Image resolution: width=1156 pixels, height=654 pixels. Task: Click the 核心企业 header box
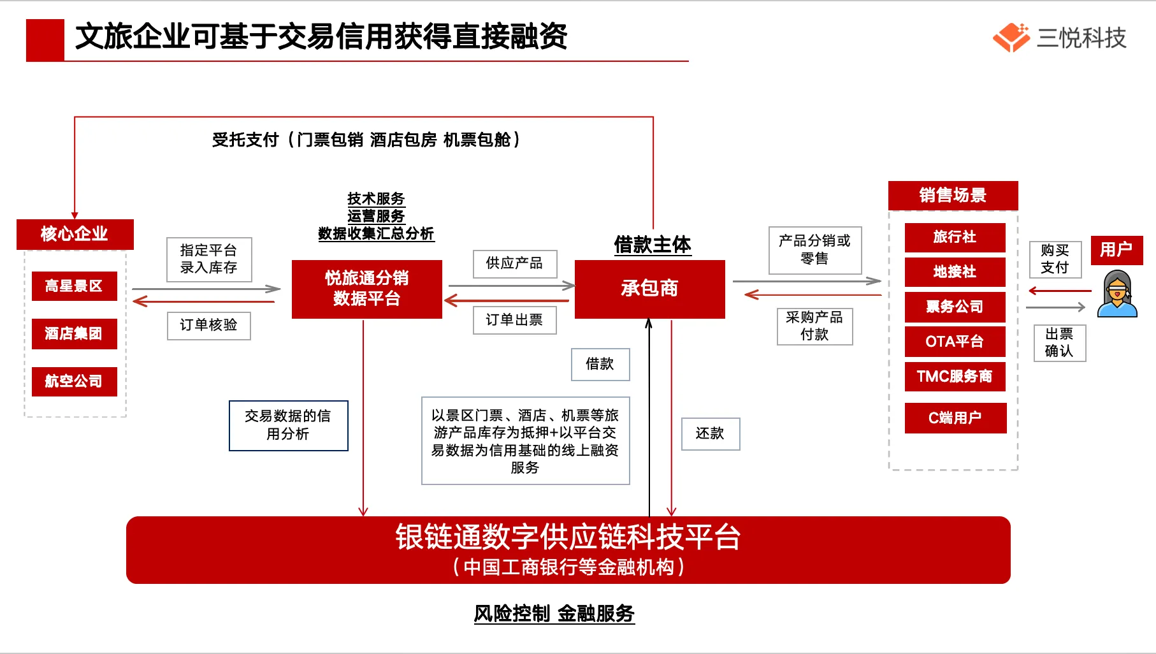75,234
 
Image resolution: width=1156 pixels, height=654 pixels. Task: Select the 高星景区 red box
74,286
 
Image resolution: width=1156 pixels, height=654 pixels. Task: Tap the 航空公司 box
74,381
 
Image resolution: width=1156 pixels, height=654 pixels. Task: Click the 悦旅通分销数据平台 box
366,289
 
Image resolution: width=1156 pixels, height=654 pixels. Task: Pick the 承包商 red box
649,289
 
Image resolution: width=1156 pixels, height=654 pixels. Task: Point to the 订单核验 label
208,325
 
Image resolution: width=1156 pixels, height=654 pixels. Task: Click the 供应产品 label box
514,263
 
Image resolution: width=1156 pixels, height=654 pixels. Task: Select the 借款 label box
600,364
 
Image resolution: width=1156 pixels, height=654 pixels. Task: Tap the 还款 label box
710,433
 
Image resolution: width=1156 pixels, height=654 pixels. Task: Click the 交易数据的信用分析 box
288,425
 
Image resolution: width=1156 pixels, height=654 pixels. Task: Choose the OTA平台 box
955,342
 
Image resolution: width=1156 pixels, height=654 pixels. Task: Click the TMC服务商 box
955,376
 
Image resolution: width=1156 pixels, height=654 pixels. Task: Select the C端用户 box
955,418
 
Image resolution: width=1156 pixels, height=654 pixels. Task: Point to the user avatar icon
1117,294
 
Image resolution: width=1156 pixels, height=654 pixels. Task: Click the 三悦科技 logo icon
1011,38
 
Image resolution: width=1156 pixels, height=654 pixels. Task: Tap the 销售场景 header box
953,195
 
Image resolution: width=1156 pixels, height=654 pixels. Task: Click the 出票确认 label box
1059,343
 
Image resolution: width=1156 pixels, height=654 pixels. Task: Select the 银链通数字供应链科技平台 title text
568,537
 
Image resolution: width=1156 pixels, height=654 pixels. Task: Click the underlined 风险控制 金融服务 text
554,614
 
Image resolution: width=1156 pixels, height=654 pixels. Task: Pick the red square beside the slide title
45,40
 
